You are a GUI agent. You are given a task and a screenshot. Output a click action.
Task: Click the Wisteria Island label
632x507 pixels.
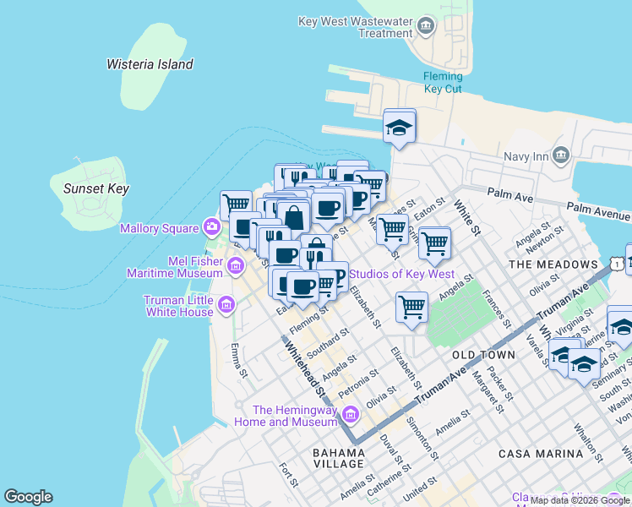pyautogui.click(x=150, y=64)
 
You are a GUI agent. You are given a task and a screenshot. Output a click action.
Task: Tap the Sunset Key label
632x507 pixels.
pyautogui.click(x=96, y=188)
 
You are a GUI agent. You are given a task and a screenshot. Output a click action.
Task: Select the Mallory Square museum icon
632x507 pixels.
pyautogui.click(x=211, y=227)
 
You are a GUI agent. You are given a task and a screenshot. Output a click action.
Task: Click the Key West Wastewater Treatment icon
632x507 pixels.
pyautogui.click(x=426, y=27)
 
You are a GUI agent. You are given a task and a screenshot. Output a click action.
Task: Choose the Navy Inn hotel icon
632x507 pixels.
pyautogui.click(x=561, y=155)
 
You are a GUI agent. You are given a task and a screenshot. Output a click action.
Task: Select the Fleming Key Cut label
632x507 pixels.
pyautogui.click(x=442, y=82)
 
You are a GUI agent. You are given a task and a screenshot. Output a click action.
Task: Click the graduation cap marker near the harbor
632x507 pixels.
pyautogui.click(x=400, y=127)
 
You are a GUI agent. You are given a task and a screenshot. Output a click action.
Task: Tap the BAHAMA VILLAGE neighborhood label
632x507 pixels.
pyautogui.click(x=338, y=458)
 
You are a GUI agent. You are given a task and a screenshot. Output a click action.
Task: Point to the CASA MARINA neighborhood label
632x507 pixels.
pyautogui.click(x=541, y=454)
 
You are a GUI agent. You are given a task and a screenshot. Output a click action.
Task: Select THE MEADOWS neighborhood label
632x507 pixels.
pyautogui.click(x=553, y=264)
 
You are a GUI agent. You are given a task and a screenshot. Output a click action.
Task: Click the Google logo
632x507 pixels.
pyautogui.click(x=28, y=497)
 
